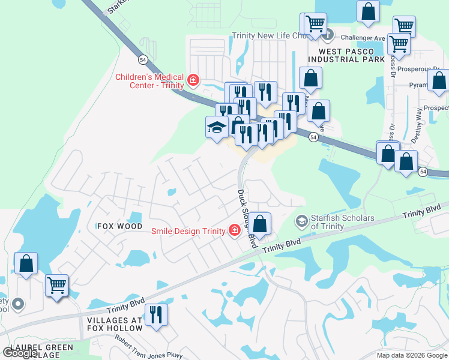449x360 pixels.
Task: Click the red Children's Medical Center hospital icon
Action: pos(193,80)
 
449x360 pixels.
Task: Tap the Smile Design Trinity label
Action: pos(188,231)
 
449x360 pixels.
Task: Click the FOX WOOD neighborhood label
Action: pos(121,226)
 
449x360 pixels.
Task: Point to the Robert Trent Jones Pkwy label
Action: pos(149,347)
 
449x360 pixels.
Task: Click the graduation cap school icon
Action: pos(216,127)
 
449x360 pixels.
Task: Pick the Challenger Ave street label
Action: pos(358,37)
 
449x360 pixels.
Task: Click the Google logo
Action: pos(20,353)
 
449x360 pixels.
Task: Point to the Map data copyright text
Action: pos(412,355)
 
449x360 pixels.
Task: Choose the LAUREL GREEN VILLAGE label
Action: pos(41,351)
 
